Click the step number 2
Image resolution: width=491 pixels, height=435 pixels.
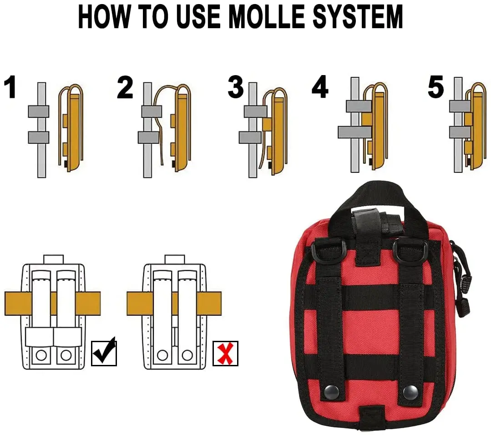pyautogui.click(x=125, y=88)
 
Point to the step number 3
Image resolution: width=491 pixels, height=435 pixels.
pyautogui.click(x=236, y=88)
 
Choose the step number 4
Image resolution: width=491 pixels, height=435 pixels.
pyautogui.click(x=319, y=88)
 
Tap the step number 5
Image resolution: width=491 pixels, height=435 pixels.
pyautogui.click(x=435, y=88)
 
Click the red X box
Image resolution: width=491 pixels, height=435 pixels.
pyautogui.click(x=225, y=354)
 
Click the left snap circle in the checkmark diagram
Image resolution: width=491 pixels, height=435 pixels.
pyautogui.click(x=41, y=355)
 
